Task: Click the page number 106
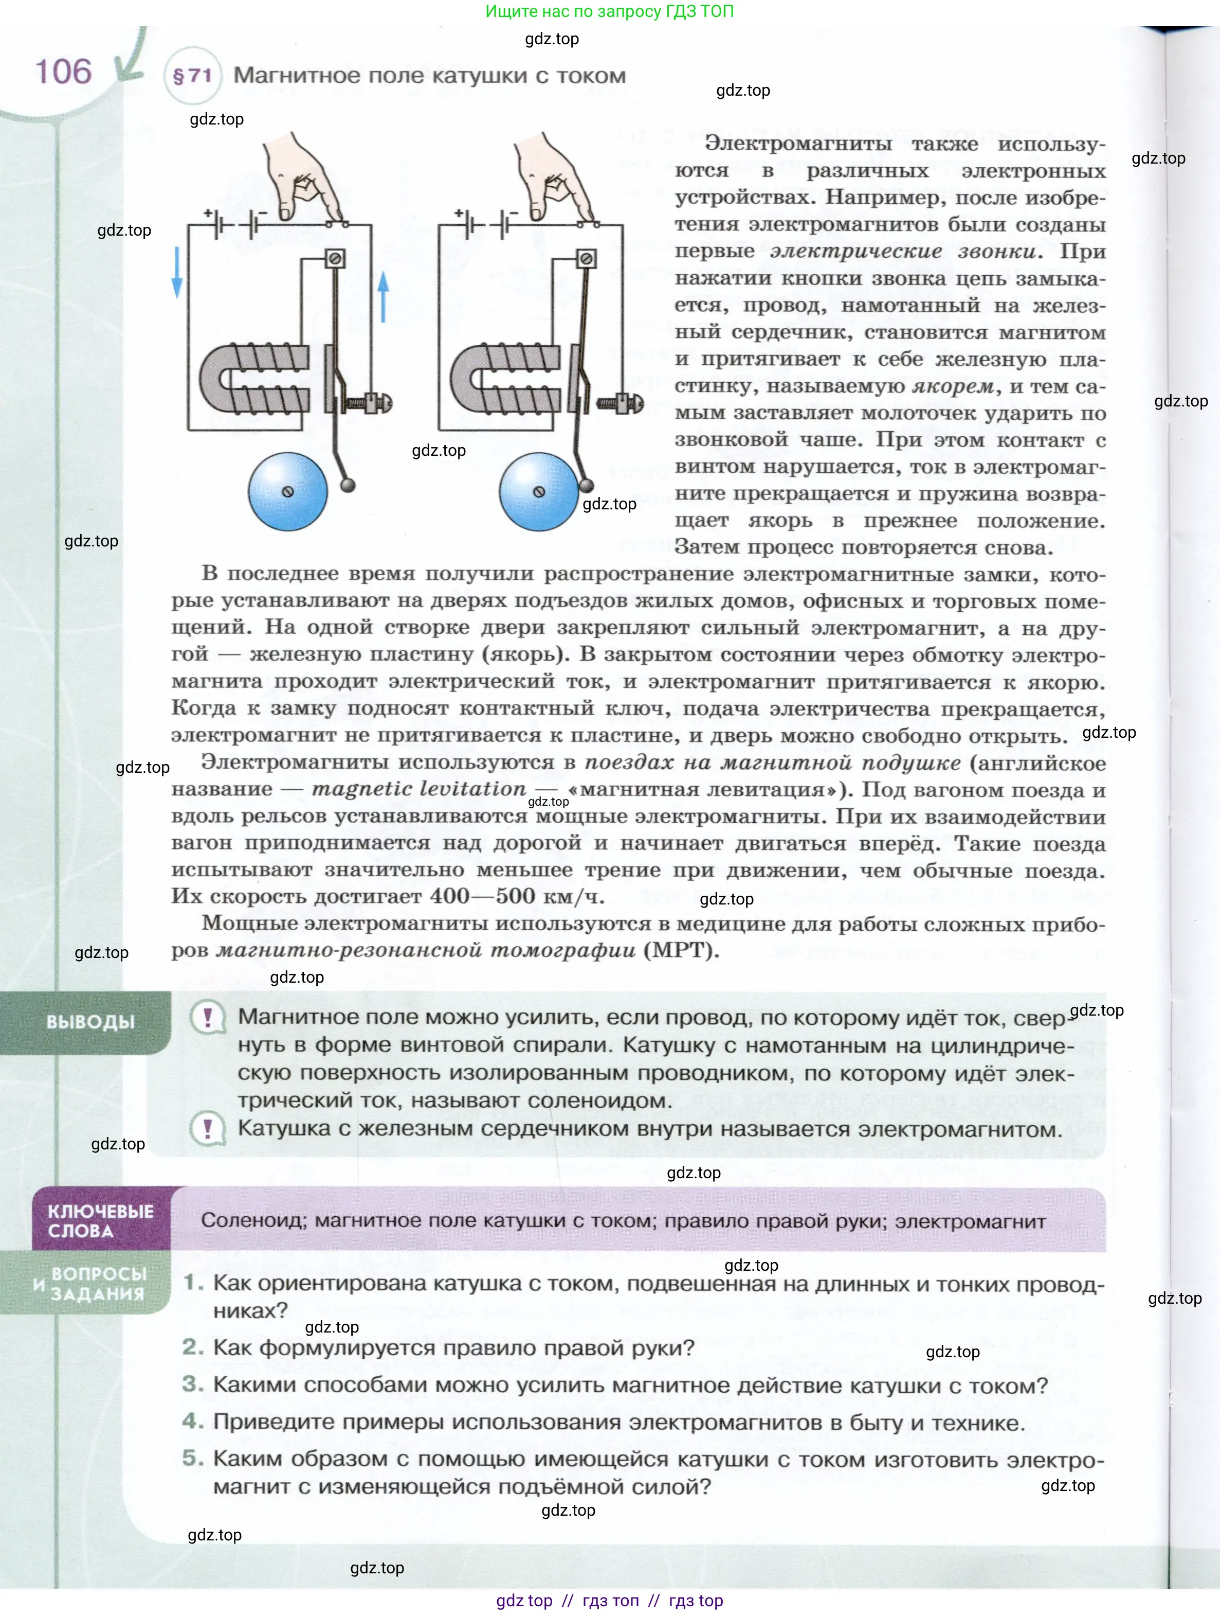(63, 72)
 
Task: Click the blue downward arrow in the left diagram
(176, 272)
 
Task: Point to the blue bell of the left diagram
(287, 491)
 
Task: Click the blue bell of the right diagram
(538, 491)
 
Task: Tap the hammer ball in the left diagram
(349, 484)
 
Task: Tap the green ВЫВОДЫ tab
(90, 1021)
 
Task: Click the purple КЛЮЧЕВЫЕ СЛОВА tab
(101, 1221)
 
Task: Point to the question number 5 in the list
(193, 1458)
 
